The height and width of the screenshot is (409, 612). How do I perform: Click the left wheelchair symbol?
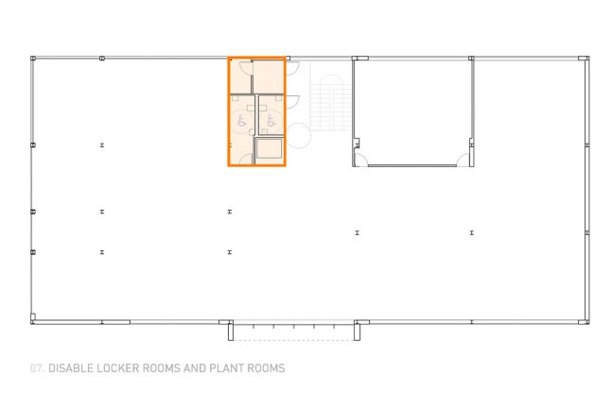242,121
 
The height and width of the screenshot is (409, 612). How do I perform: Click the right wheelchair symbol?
271,121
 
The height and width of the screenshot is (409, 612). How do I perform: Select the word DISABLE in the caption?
70,368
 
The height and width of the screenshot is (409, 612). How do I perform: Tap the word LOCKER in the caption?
117,368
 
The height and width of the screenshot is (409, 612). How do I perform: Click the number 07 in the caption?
37,368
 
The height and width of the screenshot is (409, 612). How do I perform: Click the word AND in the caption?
194,368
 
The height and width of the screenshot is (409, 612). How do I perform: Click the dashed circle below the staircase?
299,136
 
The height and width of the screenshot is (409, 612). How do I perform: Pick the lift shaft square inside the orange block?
269,149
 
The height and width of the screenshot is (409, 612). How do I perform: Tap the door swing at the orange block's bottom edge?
247,159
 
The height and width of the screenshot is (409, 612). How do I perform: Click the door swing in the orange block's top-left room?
246,68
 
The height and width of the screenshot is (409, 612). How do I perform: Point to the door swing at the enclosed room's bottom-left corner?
362,161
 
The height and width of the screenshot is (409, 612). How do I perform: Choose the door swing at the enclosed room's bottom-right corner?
463,161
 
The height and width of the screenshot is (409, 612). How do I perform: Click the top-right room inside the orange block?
269,77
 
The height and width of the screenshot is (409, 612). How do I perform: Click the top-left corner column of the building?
33,59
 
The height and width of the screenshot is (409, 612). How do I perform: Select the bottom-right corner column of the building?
584,322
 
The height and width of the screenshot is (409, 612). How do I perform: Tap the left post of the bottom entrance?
231,331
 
